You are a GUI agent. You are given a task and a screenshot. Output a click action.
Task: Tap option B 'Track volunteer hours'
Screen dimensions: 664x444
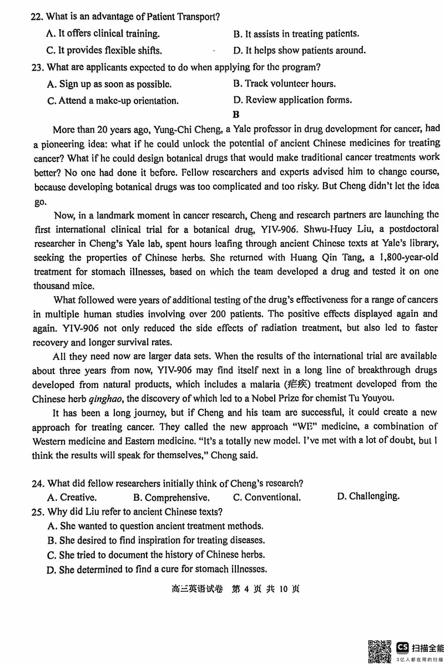(284, 84)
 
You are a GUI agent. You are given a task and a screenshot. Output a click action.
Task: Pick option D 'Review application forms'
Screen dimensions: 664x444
(292, 100)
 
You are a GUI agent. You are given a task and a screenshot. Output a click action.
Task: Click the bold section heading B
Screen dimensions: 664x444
(236, 115)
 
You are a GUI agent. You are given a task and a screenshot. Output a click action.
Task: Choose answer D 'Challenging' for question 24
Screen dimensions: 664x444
(367, 496)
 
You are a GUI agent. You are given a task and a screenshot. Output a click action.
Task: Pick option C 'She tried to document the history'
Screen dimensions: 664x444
(156, 555)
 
